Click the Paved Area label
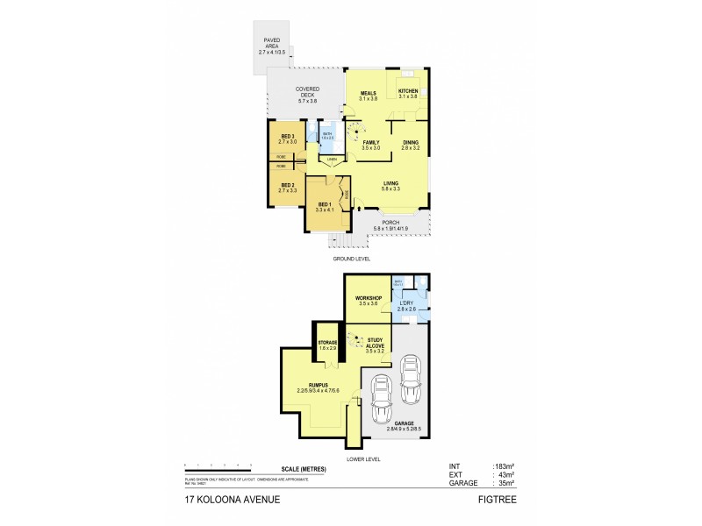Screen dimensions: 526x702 click(x=272, y=43)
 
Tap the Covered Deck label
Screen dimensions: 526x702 click(x=307, y=89)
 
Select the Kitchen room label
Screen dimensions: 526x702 click(x=409, y=92)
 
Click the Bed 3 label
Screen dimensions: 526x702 click(x=287, y=136)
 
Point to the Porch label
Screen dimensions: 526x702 click(x=390, y=223)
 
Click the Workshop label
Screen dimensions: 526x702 click(x=367, y=299)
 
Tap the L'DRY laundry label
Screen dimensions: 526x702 click(x=405, y=305)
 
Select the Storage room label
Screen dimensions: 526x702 click(x=328, y=343)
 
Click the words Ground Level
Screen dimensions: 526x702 click(x=351, y=259)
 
